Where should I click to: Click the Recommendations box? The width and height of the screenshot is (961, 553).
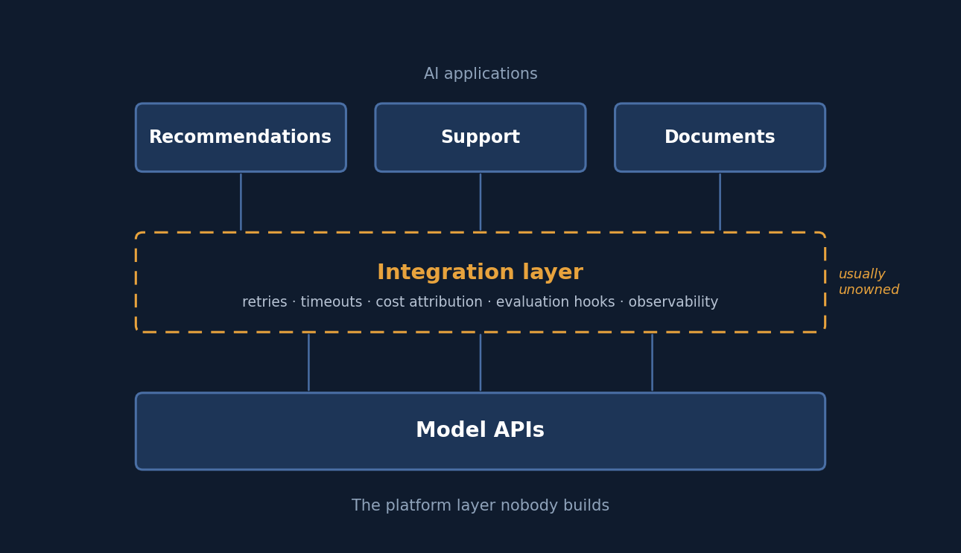pos(241,137)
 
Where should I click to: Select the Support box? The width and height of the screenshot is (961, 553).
pos(480,137)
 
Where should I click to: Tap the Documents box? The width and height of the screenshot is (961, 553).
pos(720,137)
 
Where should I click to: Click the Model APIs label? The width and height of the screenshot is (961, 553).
pos(480,430)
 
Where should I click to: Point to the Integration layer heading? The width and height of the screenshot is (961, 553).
pos(480,272)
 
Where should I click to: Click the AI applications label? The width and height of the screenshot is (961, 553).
pos(480,74)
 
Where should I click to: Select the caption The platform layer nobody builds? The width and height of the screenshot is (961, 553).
pos(480,505)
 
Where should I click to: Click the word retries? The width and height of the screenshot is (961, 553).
pos(264,301)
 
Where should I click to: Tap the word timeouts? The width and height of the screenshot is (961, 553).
pos(332,301)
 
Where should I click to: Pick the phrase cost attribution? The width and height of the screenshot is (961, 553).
pos(429,301)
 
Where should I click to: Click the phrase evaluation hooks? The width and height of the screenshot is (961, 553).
pos(555,301)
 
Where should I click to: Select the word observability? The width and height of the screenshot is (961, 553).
pos(673,302)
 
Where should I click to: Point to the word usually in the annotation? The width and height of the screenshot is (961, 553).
pos(862,274)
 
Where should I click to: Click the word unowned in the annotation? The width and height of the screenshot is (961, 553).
pos(869,290)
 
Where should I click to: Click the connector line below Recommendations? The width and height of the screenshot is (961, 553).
pos(241,202)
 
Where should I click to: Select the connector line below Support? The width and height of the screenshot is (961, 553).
pos(480,202)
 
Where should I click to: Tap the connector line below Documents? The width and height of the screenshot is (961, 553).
pos(720,202)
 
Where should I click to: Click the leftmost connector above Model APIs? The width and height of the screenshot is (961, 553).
pos(308,362)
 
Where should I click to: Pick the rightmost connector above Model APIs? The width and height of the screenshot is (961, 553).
pos(652,362)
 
